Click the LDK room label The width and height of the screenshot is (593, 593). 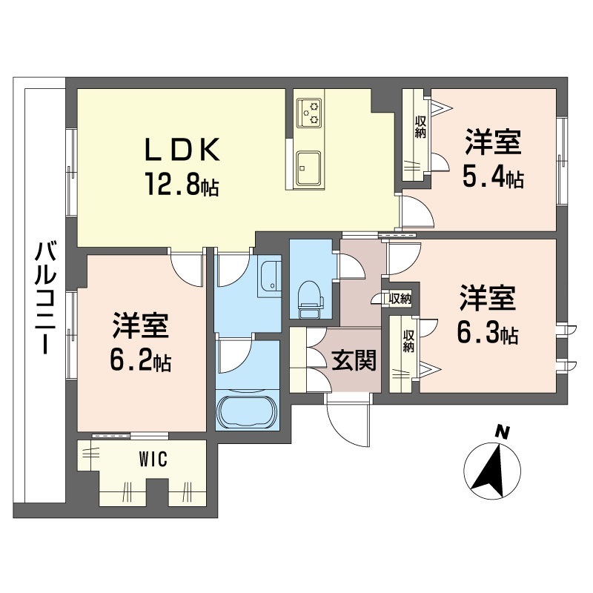pos(182,150)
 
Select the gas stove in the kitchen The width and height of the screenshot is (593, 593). pos(309,113)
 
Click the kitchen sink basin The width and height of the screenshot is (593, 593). pos(308,169)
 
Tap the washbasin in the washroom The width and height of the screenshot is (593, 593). pos(270,276)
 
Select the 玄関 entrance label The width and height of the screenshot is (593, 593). pos(354,360)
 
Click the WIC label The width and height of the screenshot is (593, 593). pos(153,460)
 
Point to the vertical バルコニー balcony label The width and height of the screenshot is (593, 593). pos(46,298)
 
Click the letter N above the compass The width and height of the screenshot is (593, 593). pos(503,431)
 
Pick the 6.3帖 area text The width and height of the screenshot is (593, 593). pos(488,333)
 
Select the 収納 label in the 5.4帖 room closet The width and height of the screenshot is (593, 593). pos(420,127)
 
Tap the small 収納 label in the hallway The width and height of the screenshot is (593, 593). pos(400,299)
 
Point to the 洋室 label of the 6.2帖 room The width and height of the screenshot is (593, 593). pos(140,325)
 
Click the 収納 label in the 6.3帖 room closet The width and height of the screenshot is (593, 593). pos(408,341)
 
